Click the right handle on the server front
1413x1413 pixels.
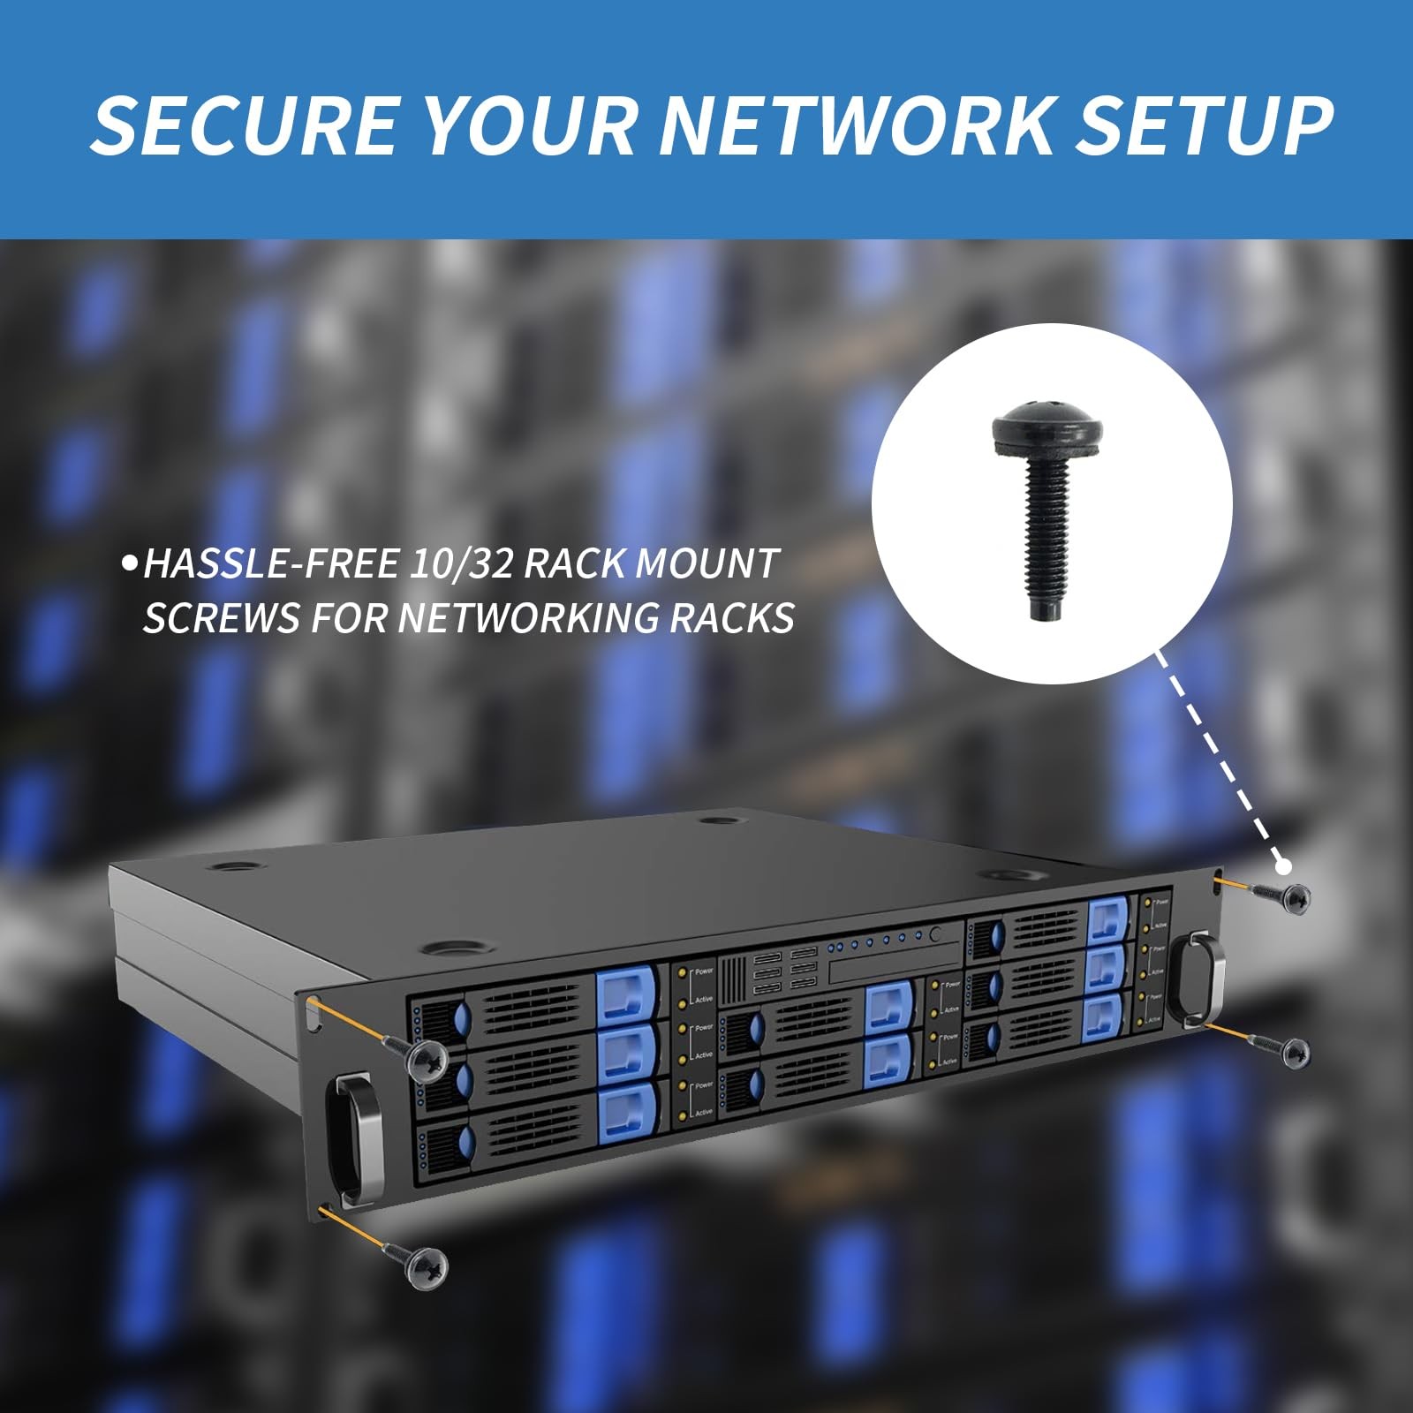1198,975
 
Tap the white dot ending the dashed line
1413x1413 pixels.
1282,866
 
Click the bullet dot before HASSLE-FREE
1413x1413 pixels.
131,563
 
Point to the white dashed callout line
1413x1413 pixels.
1219,759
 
